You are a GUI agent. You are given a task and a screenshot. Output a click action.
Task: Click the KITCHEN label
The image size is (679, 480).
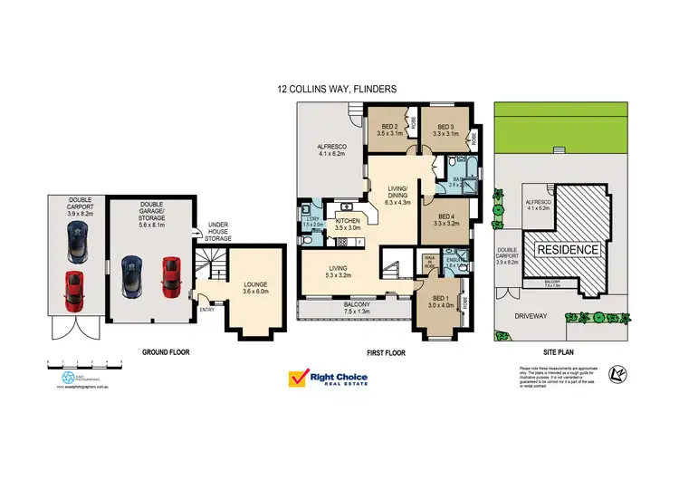tap(349, 224)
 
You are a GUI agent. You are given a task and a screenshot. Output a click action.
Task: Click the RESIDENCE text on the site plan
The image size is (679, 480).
tap(568, 249)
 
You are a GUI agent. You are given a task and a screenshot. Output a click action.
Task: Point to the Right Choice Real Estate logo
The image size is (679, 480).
tap(329, 379)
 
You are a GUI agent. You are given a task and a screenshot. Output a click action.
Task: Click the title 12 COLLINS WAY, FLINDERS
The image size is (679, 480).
tap(339, 90)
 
